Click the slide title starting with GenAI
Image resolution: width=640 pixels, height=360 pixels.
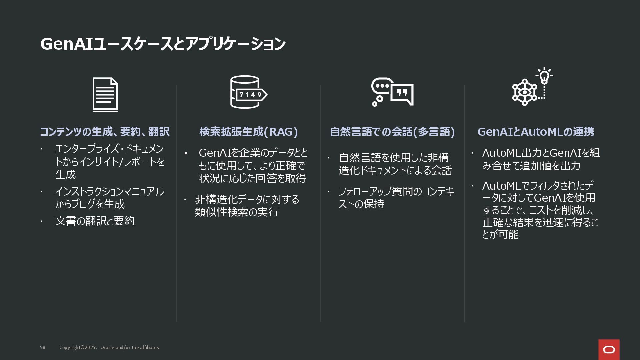[163, 44]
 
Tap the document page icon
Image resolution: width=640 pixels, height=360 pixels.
[105, 95]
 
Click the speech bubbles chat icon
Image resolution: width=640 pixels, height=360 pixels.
[392, 92]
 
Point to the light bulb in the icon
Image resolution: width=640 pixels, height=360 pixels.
[544, 76]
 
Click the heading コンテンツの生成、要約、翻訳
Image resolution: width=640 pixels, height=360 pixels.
[105, 132]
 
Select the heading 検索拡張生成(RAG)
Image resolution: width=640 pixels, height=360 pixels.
[248, 132]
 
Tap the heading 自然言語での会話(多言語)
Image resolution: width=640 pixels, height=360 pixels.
[392, 132]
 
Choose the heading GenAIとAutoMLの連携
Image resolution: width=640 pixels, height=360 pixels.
[536, 132]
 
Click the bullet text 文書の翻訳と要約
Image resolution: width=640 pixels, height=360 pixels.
[95, 221]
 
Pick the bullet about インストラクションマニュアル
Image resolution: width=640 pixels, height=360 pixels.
[109, 198]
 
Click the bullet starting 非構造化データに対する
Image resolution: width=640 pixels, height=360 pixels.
[247, 205]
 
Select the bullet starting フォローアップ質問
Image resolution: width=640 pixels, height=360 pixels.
[396, 197]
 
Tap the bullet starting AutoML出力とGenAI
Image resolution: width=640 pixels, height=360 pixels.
[541, 159]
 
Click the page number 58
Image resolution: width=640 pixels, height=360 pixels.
[43, 347]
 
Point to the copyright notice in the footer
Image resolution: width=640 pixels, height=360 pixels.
[109, 347]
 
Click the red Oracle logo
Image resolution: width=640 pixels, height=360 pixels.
[609, 350]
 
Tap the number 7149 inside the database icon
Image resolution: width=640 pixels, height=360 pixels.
[250, 95]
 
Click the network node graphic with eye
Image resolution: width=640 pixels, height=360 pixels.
[525, 92]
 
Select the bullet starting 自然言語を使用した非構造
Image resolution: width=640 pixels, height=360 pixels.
[395, 164]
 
